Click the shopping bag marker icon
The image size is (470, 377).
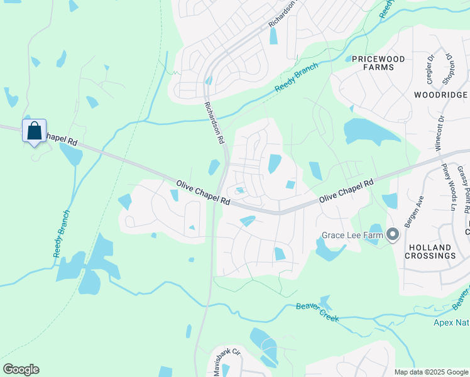click(x=35, y=131)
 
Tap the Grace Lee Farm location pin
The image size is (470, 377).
click(x=393, y=236)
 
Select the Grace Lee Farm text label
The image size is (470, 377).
click(x=352, y=236)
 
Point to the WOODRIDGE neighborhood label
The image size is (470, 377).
click(x=440, y=95)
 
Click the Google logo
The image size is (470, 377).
click(x=21, y=369)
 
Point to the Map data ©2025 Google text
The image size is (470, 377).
click(x=431, y=372)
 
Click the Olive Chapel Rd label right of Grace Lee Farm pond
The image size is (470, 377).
click(x=346, y=190)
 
